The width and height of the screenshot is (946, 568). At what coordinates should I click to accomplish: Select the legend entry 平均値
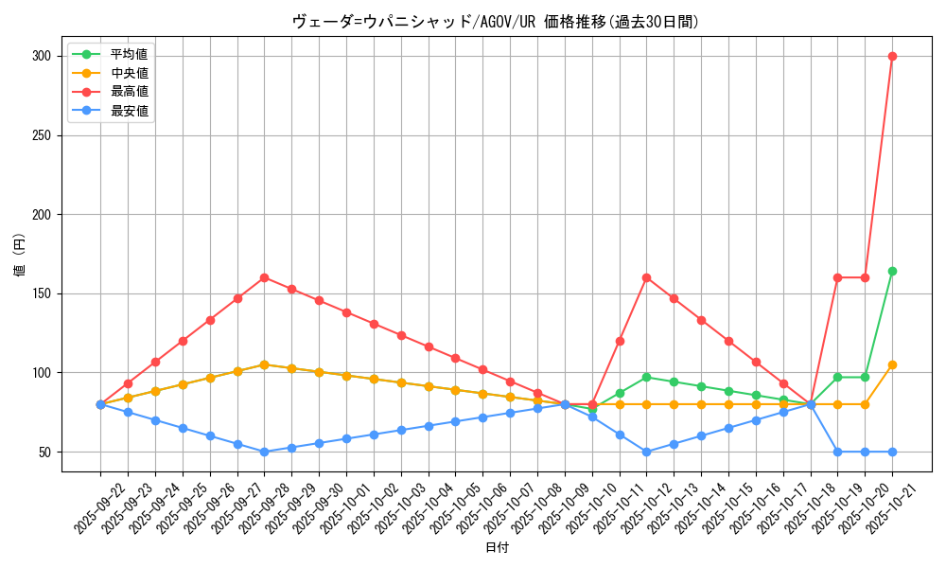point(129,54)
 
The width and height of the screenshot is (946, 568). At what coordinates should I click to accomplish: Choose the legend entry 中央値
point(129,73)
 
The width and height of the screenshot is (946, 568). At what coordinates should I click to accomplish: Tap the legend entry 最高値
point(129,92)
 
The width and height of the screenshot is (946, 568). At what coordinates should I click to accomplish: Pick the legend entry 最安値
point(129,111)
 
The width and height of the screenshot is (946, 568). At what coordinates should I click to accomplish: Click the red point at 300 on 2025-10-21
point(892,56)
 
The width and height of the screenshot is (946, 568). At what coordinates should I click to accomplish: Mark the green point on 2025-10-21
point(892,271)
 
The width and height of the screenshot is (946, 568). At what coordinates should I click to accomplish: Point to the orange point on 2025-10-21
point(892,364)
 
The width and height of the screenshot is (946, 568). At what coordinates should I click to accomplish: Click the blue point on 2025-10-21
point(892,452)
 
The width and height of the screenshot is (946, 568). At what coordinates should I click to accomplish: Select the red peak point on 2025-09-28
point(264,277)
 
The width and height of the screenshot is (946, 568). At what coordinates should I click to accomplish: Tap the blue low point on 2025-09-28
point(264,452)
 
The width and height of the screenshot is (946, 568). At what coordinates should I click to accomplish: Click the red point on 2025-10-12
point(646,277)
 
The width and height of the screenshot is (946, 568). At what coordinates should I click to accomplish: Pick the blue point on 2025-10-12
point(646,452)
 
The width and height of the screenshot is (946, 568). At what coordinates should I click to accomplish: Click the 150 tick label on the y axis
point(40,293)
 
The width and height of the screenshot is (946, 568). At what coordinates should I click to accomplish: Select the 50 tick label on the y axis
point(44,452)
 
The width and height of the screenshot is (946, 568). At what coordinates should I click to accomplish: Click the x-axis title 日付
point(497,548)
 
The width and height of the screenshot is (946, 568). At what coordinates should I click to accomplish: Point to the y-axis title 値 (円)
point(19,256)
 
